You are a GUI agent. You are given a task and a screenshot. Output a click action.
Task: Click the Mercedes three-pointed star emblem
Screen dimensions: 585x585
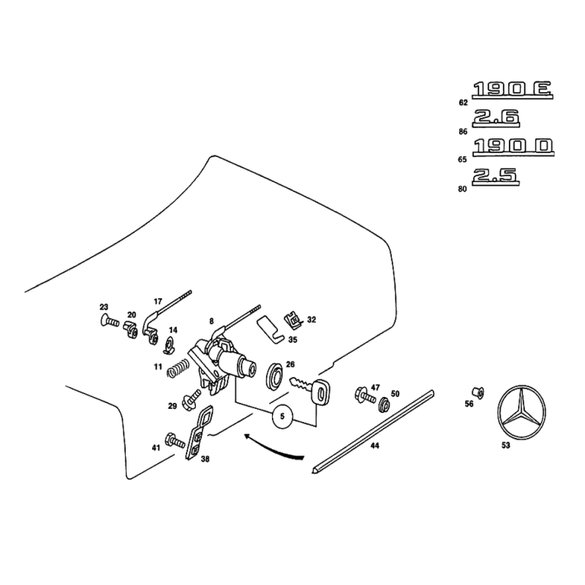[x=521, y=412]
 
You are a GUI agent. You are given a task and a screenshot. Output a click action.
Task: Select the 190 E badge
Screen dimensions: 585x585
[x=513, y=90]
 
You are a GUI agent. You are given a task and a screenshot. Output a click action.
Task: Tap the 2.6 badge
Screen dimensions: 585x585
[x=496, y=118]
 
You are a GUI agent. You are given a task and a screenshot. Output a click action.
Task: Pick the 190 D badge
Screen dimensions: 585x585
[x=513, y=147]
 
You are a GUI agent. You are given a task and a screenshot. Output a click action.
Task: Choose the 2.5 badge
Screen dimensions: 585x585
[x=496, y=176]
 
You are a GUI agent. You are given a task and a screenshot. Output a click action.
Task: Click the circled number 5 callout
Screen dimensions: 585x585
[x=282, y=416]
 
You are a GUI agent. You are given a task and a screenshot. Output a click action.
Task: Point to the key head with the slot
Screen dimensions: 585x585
[x=320, y=391]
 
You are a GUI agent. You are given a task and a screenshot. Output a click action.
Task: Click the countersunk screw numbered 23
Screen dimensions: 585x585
[x=109, y=320]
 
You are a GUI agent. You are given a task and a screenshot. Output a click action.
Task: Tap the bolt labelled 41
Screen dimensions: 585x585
[x=175, y=440]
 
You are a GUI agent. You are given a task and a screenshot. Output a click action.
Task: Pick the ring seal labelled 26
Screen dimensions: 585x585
[x=274, y=376]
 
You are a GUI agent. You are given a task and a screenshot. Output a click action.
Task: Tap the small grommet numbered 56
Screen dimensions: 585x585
[x=478, y=393]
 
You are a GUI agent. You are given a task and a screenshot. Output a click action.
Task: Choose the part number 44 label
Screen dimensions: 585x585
[x=375, y=445]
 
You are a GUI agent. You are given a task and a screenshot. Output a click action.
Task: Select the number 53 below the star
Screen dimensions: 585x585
[x=505, y=445]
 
